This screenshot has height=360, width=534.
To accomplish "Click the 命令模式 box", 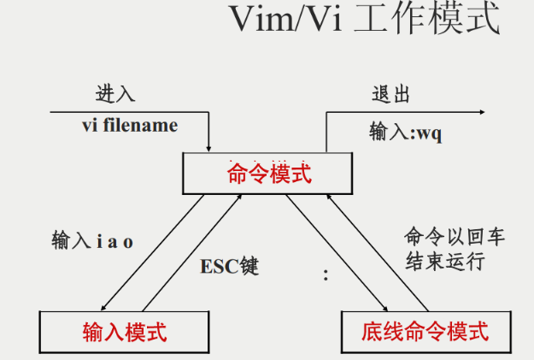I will tap(268, 174).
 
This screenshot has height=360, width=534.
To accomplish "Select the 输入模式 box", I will tap(124, 330).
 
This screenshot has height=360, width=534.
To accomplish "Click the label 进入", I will tap(114, 94).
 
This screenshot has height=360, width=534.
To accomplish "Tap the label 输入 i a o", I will tap(92, 241).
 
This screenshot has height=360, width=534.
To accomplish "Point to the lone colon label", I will tap(326, 275).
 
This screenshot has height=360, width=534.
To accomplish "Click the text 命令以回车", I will tap(455, 236).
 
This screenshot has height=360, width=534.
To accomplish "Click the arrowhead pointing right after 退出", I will tap(481, 113).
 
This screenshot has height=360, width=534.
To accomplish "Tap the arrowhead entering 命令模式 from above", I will tap(209, 148).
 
